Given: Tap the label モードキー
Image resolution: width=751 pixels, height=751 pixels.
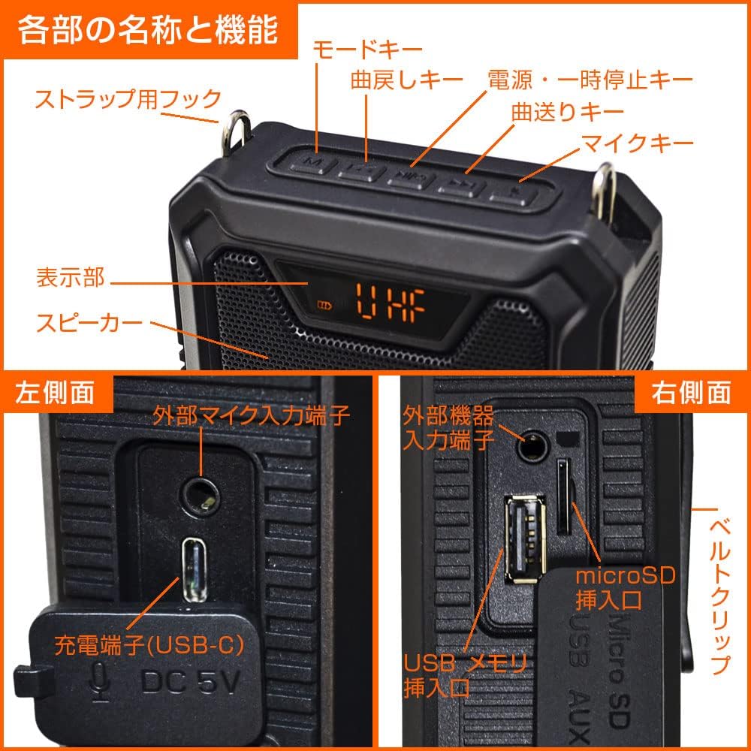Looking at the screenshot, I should pyautogui.click(x=367, y=49).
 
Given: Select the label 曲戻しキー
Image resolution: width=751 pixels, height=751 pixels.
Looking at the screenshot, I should pyautogui.click(x=406, y=80).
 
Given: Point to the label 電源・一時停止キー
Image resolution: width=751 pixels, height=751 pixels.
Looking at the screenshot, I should pyautogui.click(x=590, y=79).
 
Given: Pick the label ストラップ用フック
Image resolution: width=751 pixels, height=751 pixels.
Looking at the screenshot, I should pyautogui.click(x=128, y=99).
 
